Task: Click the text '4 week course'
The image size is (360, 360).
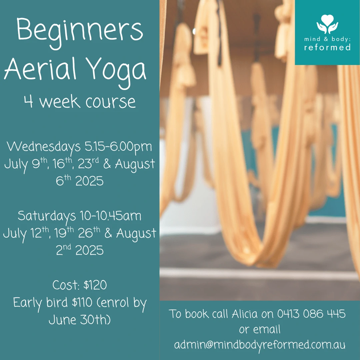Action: (80, 102)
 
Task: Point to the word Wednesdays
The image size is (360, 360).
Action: (44, 147)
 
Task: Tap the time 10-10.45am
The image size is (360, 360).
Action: (110, 216)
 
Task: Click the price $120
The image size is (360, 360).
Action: (95, 285)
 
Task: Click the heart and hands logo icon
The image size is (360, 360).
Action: (327, 24)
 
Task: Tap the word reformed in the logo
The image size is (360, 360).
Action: (327, 47)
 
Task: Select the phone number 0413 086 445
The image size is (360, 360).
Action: (311, 314)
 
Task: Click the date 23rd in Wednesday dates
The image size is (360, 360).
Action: (88, 163)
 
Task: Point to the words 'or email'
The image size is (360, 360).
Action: (260, 329)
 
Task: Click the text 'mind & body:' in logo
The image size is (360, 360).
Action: (327, 39)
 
